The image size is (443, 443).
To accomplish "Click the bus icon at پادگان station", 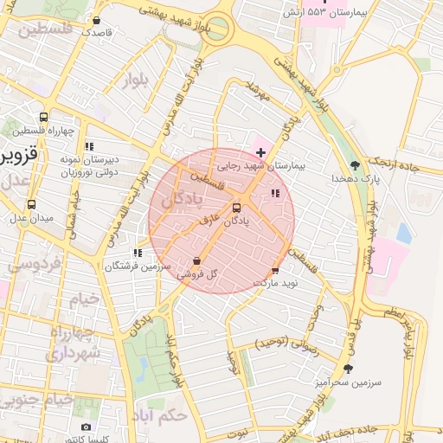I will click(x=237, y=208).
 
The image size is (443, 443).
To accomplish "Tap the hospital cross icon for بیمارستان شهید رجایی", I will click(x=260, y=152).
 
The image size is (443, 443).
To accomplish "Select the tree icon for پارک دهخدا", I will click(x=354, y=165).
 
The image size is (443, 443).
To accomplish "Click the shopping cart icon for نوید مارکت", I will click(x=276, y=271).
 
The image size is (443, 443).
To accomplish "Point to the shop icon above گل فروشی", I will click(x=196, y=260).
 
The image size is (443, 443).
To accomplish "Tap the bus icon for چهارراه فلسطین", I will click(x=43, y=118).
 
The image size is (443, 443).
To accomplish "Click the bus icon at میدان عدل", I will click(x=31, y=205).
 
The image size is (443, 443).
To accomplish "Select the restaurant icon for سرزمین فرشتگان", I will click(x=137, y=253).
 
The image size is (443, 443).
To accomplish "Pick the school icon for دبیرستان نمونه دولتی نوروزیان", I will click(x=89, y=146).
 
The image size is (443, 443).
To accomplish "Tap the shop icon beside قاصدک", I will click(x=96, y=20).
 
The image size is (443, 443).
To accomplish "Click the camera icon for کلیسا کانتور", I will click(x=85, y=427).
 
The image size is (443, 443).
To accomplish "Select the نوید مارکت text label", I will click(x=275, y=283).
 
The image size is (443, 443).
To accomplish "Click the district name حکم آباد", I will click(x=161, y=414).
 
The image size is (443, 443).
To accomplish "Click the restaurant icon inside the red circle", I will click(x=275, y=194).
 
